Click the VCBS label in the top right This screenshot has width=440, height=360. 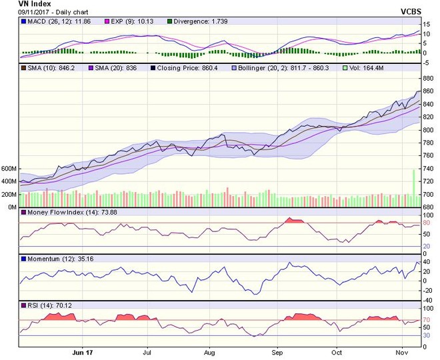point(413,12)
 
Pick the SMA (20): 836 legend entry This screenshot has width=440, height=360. point(110,69)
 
